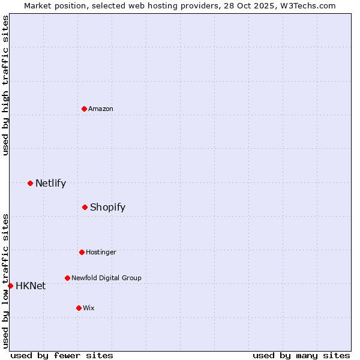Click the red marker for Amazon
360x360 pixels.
84,109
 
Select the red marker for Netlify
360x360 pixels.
30,183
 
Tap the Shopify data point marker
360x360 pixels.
85,207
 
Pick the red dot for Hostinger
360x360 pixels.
82,252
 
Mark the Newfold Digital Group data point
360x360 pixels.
67,278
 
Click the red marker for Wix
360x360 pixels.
79,308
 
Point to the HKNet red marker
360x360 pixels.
10,286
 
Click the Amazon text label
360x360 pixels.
101,109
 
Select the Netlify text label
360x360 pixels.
50,183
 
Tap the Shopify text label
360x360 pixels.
107,207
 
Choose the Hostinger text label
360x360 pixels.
101,252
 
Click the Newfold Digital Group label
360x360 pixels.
106,278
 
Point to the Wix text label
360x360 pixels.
89,308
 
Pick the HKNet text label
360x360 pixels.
31,286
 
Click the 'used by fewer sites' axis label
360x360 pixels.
62,355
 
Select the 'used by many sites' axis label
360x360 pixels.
301,355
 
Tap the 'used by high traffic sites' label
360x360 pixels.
5,85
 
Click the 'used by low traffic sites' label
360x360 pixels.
5,281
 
